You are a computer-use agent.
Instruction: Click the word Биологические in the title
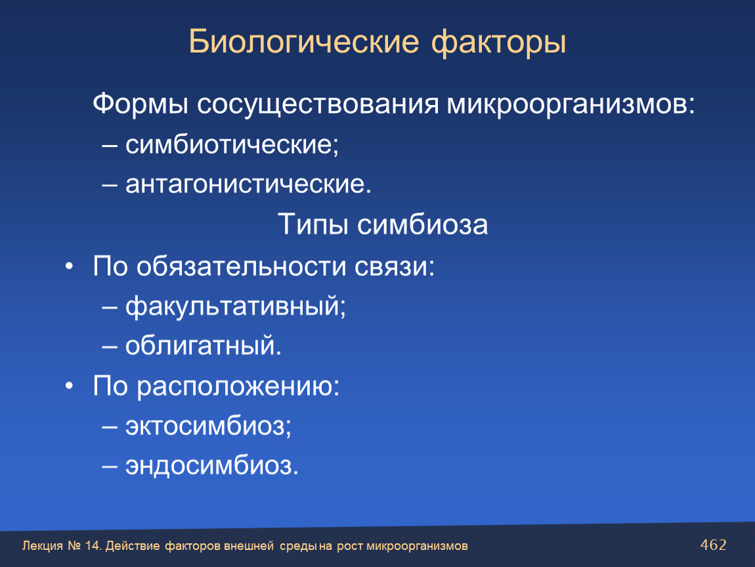(304, 42)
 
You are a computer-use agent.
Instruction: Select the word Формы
(140, 104)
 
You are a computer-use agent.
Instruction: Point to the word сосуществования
(318, 104)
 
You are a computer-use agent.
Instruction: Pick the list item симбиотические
(232, 144)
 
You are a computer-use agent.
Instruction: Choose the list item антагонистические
(248, 184)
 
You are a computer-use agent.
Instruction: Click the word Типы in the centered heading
(313, 224)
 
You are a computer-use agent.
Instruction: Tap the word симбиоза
(422, 224)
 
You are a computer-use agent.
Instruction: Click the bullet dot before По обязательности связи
(70, 266)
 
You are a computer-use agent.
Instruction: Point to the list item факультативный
(236, 306)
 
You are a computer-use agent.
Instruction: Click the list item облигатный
(204, 346)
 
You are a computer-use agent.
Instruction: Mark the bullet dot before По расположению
(70, 386)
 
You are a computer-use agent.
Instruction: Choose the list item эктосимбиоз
(209, 425)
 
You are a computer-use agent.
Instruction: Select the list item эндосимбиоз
(212, 466)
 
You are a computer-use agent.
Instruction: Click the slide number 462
(713, 545)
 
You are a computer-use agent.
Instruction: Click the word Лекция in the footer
(43, 546)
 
